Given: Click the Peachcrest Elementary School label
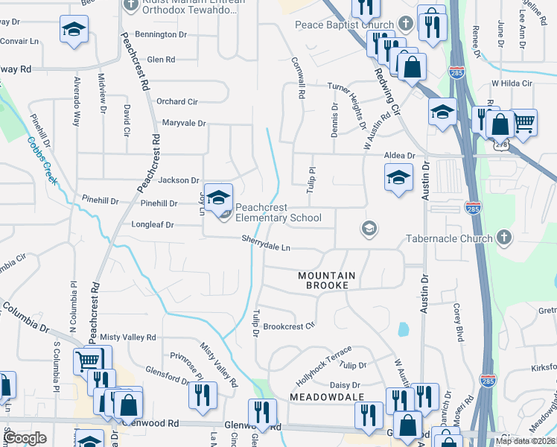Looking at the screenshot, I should pos(278,212).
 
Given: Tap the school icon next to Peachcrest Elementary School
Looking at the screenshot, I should pos(218,197).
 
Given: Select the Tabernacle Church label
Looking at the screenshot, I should pos(448,239).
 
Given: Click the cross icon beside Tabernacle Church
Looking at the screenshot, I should pos(504,238).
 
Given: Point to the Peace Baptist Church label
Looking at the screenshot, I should pos(345,25).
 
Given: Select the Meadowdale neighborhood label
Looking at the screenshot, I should pos(327,397).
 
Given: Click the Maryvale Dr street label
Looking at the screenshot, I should pos(183,123).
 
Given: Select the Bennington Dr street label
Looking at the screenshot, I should pos(162,35).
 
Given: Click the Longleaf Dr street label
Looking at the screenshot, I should pos(154,224).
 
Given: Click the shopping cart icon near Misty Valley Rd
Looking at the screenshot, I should pos(88,361).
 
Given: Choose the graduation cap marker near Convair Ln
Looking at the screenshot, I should pos(73,30).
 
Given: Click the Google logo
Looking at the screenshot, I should pos(25,438).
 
